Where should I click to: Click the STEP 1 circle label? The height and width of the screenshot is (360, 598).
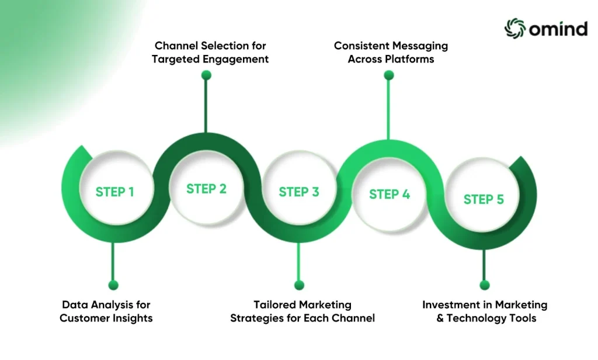tap(115, 192)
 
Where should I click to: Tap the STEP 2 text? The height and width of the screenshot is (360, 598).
tap(206, 189)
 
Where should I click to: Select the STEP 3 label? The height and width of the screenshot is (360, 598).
tap(298, 192)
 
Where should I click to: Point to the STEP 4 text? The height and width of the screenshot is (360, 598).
tap(390, 194)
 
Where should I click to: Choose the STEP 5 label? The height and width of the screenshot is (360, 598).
tap(484, 199)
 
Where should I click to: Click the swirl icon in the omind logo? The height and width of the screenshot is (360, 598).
tap(515, 28)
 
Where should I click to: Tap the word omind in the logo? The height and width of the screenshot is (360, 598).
tap(558, 29)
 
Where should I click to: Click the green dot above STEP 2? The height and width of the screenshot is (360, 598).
tap(206, 75)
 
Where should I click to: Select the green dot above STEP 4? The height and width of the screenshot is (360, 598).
tap(388, 75)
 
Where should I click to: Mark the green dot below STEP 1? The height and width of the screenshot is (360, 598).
tap(113, 285)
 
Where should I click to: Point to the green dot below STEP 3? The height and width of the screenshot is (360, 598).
tap(300, 285)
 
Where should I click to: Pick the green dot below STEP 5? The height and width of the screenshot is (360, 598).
tap(485, 285)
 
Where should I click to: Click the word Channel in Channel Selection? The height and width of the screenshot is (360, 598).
tap(176, 46)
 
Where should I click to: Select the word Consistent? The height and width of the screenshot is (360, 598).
tap(358, 46)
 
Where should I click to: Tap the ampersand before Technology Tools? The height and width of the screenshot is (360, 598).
tap(440, 319)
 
